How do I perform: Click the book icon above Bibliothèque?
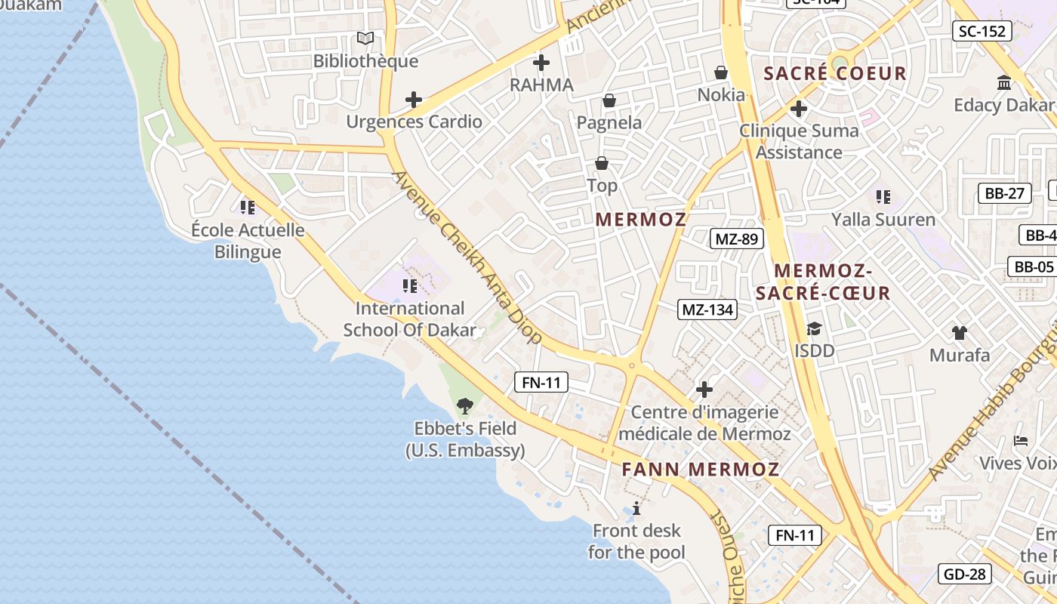click(365, 38)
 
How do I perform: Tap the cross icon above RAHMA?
click(541, 63)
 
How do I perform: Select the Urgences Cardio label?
click(414, 122)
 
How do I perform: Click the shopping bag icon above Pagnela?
click(609, 100)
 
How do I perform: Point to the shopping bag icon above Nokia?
click(721, 72)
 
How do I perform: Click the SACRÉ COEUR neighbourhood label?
click(835, 73)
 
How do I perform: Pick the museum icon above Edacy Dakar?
click(1004, 82)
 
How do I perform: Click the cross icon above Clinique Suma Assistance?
click(799, 109)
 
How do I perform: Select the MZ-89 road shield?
click(737, 239)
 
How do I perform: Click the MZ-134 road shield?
click(707, 309)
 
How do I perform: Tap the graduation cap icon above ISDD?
click(814, 329)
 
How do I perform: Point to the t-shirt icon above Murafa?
click(959, 332)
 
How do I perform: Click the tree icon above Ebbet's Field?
click(465, 406)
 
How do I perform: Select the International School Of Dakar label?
click(410, 319)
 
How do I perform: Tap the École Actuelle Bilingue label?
click(248, 241)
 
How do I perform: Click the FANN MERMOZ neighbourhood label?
click(700, 469)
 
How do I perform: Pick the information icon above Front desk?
click(636, 508)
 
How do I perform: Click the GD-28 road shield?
click(965, 574)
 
